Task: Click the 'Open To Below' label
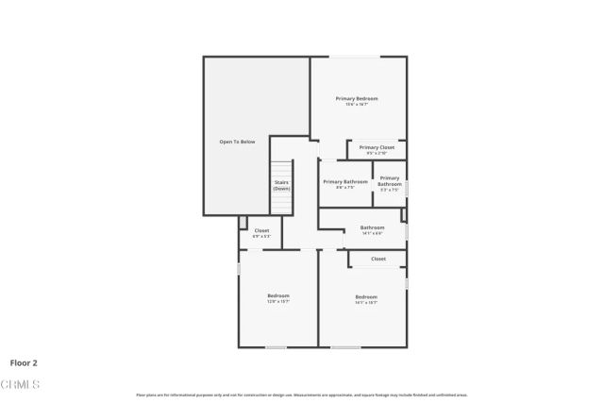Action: click(x=237, y=142)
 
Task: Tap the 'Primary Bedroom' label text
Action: click(x=358, y=98)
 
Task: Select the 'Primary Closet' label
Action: click(x=377, y=147)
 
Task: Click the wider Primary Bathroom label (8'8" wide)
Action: click(x=344, y=181)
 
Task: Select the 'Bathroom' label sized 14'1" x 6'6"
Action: click(x=372, y=227)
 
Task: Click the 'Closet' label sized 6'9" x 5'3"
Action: click(x=261, y=230)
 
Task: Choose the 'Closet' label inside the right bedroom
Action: click(x=378, y=258)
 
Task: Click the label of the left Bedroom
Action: click(x=277, y=295)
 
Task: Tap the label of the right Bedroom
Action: click(x=366, y=296)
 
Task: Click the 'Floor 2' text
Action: click(x=24, y=361)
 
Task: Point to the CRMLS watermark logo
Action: click(x=20, y=384)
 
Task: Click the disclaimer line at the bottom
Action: click(x=301, y=395)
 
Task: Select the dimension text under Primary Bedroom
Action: click(x=358, y=104)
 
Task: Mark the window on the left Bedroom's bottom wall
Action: click(x=276, y=346)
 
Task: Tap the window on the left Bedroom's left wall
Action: click(x=239, y=268)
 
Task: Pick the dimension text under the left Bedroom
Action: click(x=277, y=302)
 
